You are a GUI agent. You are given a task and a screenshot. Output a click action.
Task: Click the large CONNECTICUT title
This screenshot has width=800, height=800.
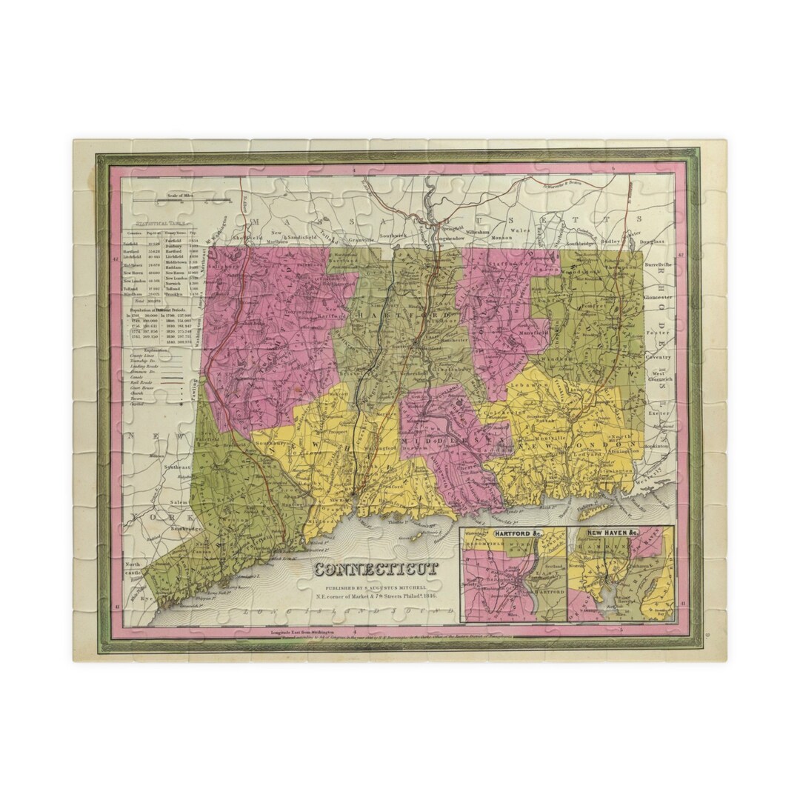point(376,570)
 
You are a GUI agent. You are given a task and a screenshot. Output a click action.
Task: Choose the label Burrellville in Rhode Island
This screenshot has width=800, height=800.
point(659,264)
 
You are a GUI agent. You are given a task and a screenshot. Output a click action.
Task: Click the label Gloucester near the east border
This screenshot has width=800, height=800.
point(658,296)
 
